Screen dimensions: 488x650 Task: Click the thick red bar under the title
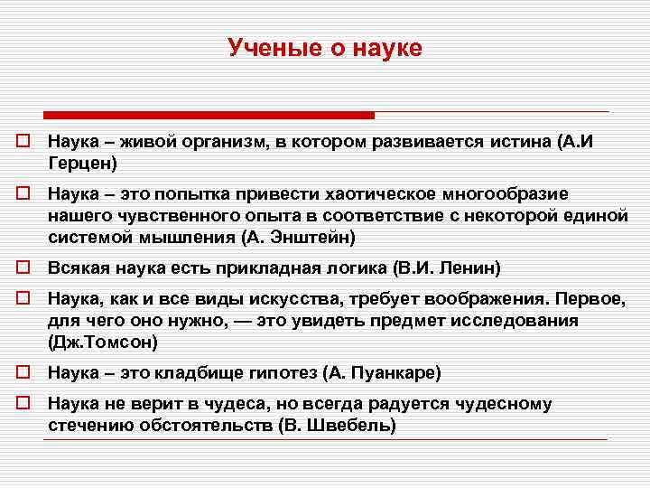click(209, 116)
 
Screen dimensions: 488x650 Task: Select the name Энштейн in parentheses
click(312, 238)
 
